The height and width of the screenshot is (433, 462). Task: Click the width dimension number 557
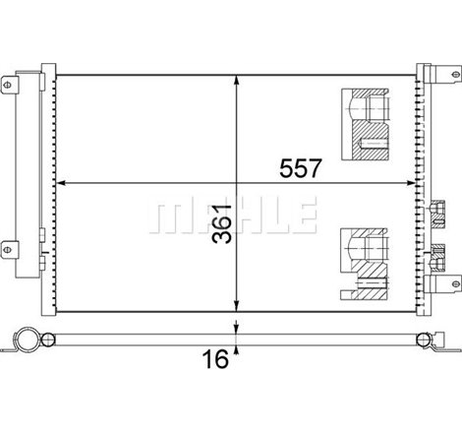click(x=301, y=168)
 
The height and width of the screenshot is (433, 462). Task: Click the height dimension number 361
click(x=222, y=224)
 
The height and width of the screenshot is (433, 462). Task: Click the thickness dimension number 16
click(x=215, y=358)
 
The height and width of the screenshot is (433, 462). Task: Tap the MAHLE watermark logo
click(x=233, y=215)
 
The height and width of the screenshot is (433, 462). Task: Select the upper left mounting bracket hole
click(x=7, y=86)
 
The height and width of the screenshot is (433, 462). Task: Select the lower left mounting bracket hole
click(x=7, y=250)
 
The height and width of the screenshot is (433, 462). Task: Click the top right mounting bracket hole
click(x=456, y=74)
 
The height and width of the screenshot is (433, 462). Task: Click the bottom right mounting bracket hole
click(x=456, y=284)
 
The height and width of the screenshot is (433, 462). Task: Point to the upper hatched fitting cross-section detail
click(x=365, y=124)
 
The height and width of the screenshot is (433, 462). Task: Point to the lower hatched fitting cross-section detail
click(x=365, y=265)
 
